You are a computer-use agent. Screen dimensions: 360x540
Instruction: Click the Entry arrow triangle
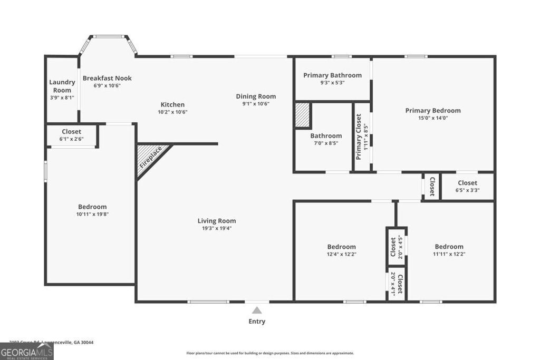pos(257,310)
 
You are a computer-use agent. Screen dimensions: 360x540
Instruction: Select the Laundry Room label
pos(62,86)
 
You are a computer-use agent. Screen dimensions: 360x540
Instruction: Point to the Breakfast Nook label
pos(107,78)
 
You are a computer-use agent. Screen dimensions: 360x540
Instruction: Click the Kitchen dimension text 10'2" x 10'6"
pos(173,112)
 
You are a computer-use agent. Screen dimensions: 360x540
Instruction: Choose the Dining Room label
pos(256,96)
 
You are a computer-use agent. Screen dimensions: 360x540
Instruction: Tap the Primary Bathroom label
pos(332,75)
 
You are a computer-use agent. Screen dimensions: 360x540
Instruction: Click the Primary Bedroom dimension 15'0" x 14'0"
pos(433,118)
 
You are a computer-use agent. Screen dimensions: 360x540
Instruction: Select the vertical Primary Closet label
pos(359,138)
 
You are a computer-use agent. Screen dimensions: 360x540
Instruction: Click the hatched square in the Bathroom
pos(302,114)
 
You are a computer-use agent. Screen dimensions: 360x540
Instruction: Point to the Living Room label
pos(217,221)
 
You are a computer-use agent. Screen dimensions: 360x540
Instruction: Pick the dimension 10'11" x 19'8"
pos(92,214)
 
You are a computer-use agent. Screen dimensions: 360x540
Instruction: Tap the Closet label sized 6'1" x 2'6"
pos(71,131)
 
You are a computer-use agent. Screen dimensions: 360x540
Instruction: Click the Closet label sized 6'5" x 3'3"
pos(467,183)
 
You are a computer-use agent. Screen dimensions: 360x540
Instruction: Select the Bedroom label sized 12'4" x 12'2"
pos(341,246)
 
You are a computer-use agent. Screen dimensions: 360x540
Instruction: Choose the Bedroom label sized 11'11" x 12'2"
pos(449,246)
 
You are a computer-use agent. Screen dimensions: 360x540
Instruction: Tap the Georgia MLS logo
pos(27,352)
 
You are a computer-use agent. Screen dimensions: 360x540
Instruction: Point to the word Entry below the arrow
pos(257,322)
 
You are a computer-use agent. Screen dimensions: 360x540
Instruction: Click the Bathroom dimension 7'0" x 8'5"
pos(326,143)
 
